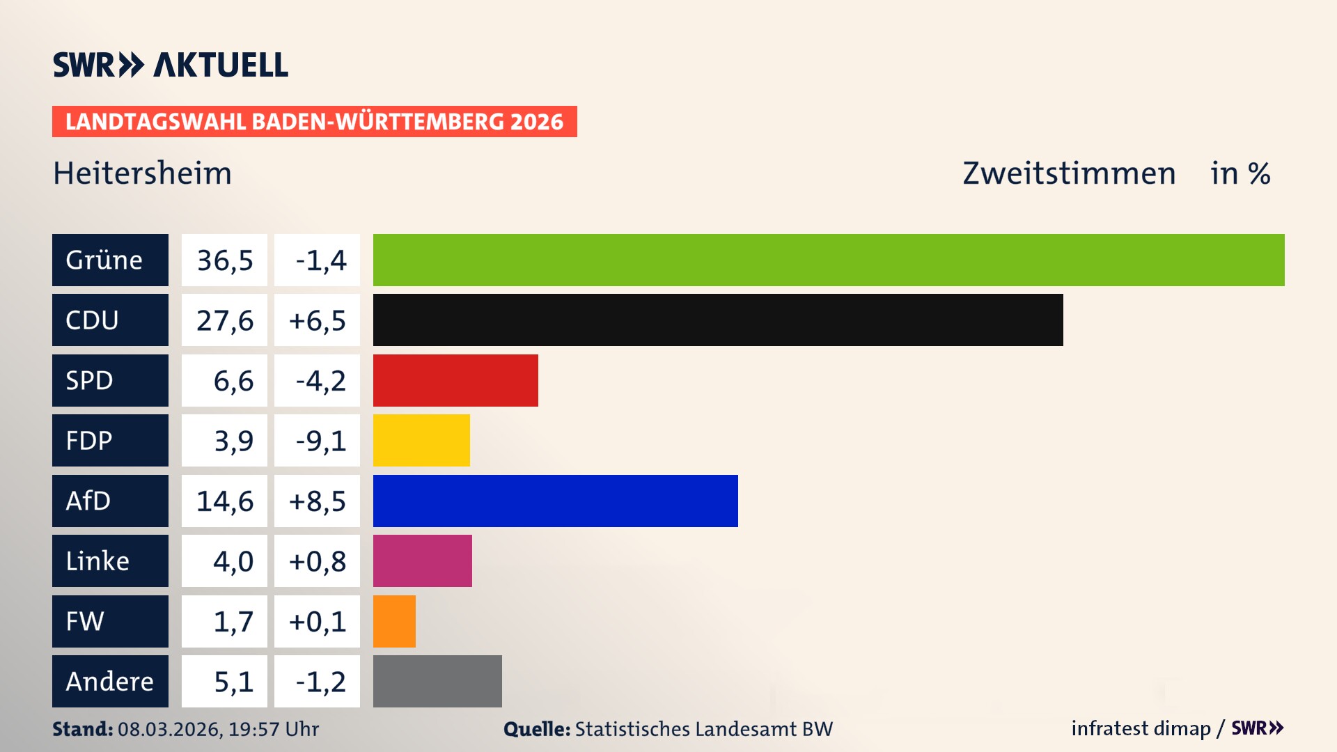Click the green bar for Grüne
829,260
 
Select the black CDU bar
718,320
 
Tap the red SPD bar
455,380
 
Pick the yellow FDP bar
421,440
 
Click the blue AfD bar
555,501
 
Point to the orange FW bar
394,621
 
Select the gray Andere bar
437,681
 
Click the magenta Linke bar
422,561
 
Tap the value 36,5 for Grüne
224,260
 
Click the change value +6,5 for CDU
317,320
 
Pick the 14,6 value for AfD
224,501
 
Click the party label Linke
97,561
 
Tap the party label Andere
109,682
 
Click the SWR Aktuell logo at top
171,65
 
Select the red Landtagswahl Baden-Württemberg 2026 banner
314,122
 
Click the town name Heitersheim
142,173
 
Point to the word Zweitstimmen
1069,173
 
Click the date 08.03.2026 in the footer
169,729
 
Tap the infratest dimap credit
1141,728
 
